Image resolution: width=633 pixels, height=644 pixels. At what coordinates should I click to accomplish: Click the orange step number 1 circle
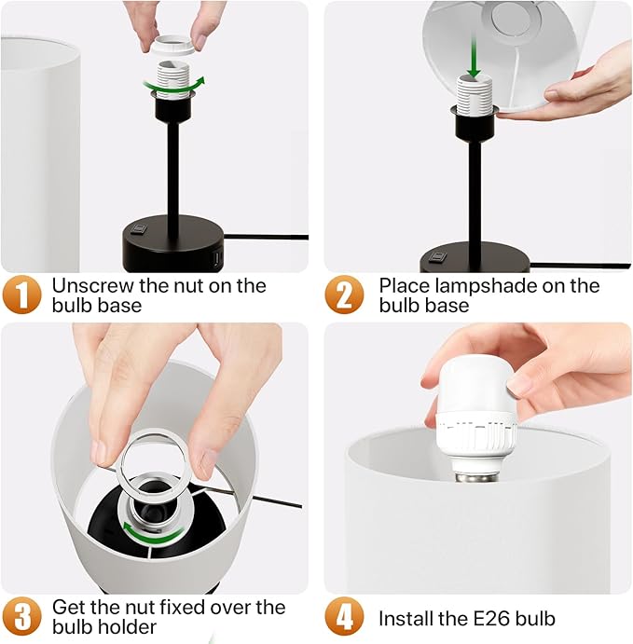pos(22,295)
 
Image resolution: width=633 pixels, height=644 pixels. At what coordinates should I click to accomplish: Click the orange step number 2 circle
pos(344,295)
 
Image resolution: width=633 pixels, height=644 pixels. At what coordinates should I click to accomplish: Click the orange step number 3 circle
pos(22,618)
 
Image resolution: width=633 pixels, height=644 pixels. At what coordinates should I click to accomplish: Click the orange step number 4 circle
pos(344,618)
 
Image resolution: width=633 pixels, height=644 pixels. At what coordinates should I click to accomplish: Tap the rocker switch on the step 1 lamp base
pos(139,227)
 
